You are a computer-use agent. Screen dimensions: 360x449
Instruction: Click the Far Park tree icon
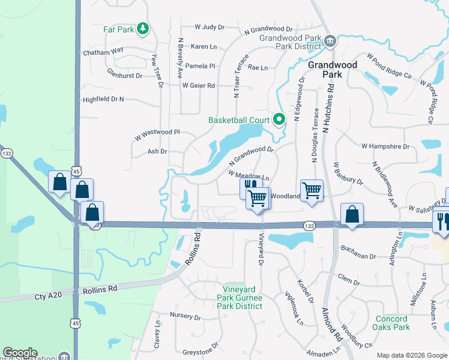pyautogui.click(x=142, y=28)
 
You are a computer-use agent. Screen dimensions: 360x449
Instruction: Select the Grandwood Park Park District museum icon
pyautogui.click(x=330, y=41)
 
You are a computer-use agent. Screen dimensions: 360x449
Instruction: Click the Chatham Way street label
pyautogui.click(x=103, y=52)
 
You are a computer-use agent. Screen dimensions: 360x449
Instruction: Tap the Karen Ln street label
pyautogui.click(x=203, y=46)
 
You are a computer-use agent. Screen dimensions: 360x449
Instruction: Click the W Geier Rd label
pyautogui.click(x=199, y=86)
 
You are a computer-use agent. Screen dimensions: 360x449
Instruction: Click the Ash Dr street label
pyautogui.click(x=157, y=152)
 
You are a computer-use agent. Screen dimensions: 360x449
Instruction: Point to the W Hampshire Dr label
pyautogui.click(x=385, y=146)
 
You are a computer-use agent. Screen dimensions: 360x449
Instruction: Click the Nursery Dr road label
pyautogui.click(x=185, y=316)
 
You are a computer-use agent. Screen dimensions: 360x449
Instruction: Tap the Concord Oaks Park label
pyautogui.click(x=392, y=323)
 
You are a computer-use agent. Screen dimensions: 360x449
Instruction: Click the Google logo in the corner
pyautogui.click(x=20, y=353)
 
